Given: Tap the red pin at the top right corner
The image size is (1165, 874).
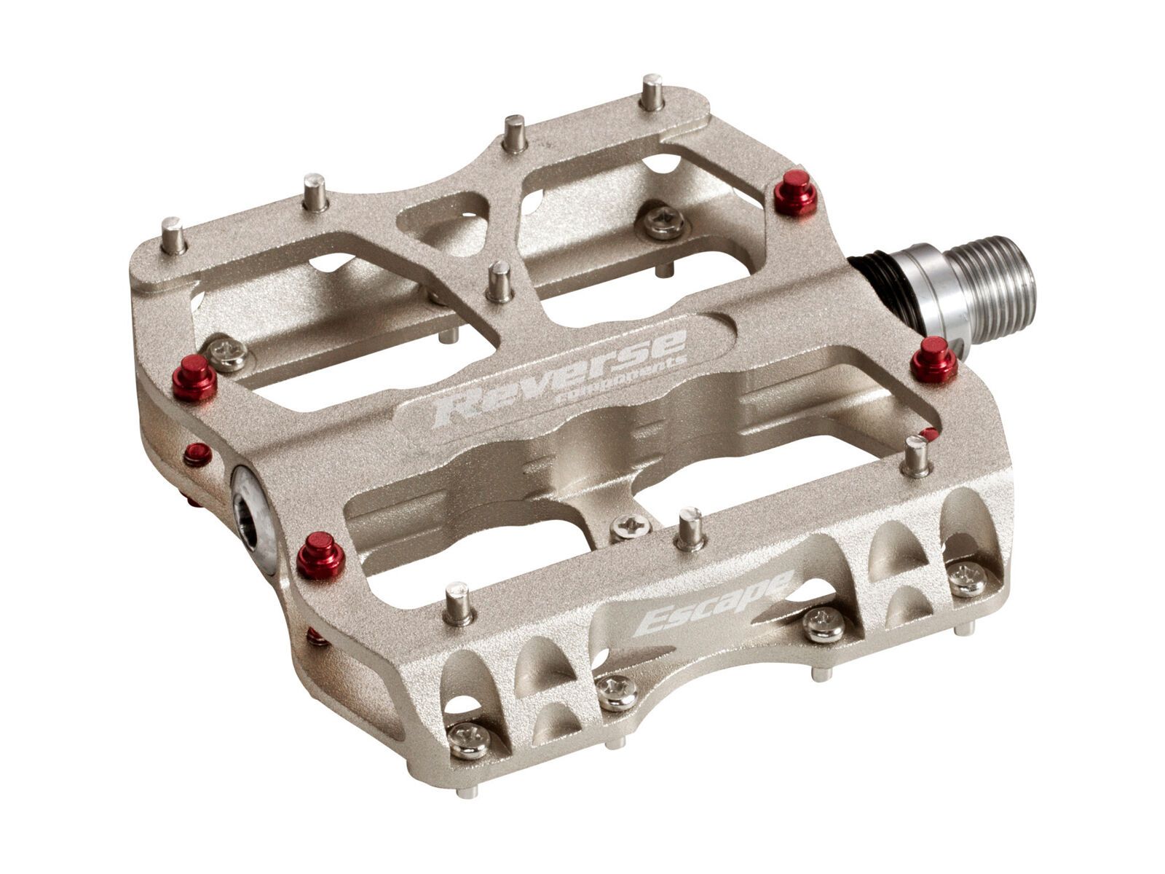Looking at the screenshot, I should (x=795, y=192).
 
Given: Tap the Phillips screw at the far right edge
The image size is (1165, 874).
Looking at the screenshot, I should (x=968, y=578).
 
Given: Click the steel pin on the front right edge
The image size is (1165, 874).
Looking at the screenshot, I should (x=915, y=456).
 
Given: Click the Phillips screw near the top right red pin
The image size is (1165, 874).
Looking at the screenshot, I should (x=661, y=221).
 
